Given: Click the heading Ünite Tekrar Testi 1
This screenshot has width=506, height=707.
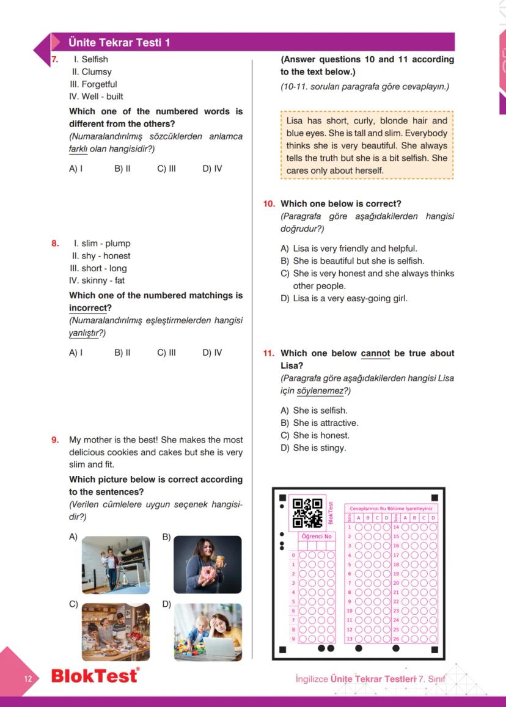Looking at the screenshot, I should point(111,42).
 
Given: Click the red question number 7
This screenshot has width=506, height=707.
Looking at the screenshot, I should point(54,60).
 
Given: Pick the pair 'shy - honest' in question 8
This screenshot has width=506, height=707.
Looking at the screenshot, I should point(101,256).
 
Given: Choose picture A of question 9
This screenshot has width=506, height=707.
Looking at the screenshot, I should point(116,565).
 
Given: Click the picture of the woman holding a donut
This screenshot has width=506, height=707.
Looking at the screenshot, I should point(208,565).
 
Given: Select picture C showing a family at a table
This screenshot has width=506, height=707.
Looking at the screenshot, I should point(116,632).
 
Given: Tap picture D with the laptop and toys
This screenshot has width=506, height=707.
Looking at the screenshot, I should point(208,632).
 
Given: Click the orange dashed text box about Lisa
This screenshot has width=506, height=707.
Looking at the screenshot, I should point(367,145).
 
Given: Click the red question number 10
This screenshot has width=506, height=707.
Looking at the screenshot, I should point(269,204).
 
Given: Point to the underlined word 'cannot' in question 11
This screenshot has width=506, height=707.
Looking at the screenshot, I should point(375,354).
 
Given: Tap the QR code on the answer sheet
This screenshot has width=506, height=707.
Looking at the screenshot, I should point(307,513).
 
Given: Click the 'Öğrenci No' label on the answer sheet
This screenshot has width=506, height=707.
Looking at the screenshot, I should point(316,537).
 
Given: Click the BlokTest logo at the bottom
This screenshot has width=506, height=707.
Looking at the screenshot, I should point(95,677).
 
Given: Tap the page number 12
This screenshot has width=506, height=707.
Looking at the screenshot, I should point(28,679).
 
